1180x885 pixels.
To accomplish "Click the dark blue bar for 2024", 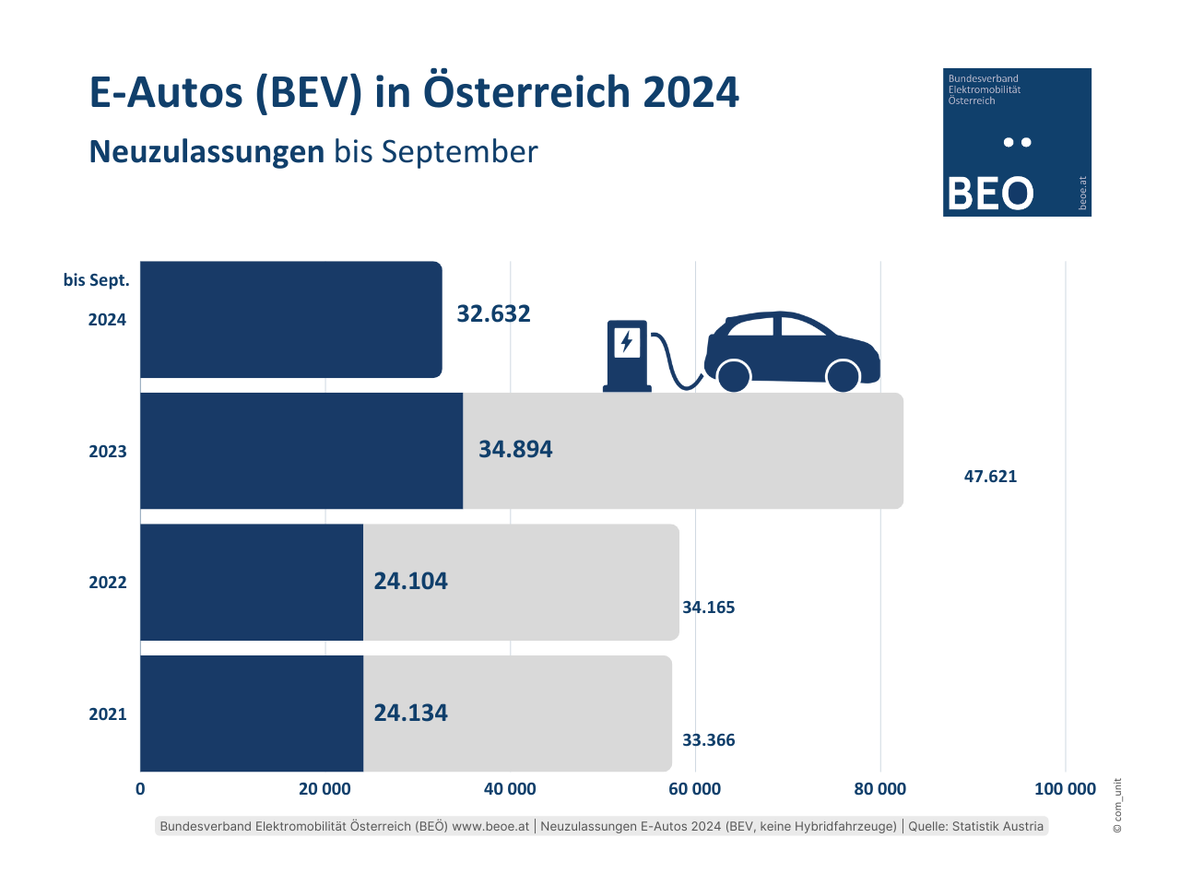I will click(x=290, y=320).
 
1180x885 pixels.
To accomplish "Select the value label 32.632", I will click(x=494, y=313).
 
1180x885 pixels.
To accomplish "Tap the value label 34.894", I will click(x=515, y=449).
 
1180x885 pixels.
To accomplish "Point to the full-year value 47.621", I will click(x=990, y=477).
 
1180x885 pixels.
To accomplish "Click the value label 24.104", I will click(x=410, y=581).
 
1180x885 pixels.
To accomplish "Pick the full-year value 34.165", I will click(x=708, y=608).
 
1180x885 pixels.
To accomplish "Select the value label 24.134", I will click(x=410, y=713).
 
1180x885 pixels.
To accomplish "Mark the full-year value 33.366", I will click(x=708, y=740).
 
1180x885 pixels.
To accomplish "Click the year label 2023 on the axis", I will click(x=108, y=452).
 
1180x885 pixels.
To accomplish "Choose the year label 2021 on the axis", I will click(x=108, y=714).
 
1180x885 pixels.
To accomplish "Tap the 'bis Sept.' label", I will click(x=97, y=280).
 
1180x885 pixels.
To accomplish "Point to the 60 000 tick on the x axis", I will click(x=695, y=789).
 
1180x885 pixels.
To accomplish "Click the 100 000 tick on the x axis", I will click(x=1065, y=789).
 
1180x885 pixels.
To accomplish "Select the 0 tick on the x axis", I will click(x=140, y=789).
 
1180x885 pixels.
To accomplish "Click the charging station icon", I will click(x=627, y=356).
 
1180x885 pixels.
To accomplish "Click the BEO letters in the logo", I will click(x=990, y=194).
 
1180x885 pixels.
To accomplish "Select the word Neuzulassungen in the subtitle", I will click(x=206, y=152).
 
